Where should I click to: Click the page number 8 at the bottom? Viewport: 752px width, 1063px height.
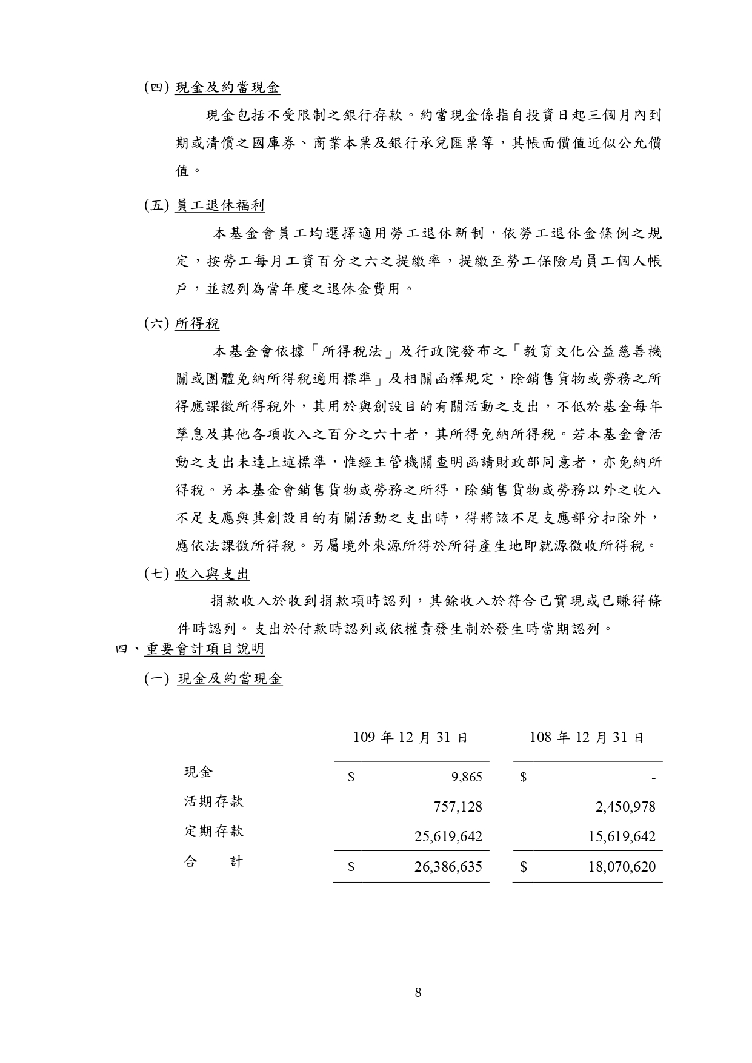418,992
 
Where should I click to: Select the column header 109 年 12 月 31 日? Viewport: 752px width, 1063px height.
410,737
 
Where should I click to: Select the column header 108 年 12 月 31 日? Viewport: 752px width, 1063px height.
587,737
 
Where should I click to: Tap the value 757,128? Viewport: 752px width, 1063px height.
458,806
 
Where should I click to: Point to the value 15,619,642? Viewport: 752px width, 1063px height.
622,836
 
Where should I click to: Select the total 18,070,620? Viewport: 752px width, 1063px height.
622,867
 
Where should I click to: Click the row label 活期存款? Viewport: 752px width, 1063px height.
214,801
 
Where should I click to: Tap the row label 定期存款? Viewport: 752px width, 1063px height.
214,831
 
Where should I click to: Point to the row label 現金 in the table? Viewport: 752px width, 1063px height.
199,772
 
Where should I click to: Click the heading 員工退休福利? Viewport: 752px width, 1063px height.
219,205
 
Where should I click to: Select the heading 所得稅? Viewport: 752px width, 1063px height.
197,324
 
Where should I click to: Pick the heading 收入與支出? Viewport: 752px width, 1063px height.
212,573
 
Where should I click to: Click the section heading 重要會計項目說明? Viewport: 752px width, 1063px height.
205,649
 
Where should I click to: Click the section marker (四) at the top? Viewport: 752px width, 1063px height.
156,87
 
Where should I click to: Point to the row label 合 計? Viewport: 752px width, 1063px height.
214,861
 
